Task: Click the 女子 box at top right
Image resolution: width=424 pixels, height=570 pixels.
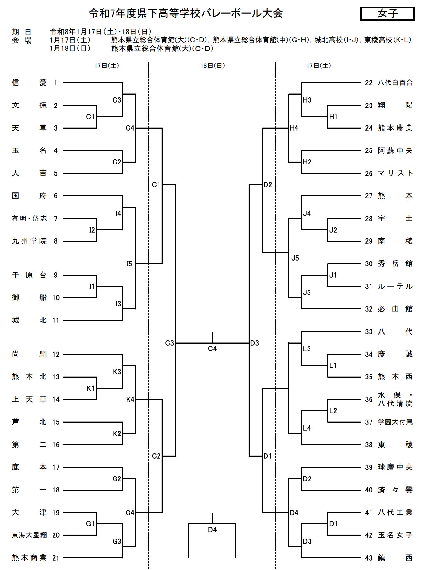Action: click(x=387, y=14)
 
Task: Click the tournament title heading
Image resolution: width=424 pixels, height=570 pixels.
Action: click(x=186, y=13)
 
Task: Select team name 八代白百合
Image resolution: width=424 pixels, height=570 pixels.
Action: click(x=395, y=83)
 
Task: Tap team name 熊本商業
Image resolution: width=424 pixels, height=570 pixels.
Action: click(x=29, y=558)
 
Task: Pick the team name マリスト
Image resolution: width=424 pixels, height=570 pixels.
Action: click(x=395, y=173)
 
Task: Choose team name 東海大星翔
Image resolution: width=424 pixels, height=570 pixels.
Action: click(x=29, y=535)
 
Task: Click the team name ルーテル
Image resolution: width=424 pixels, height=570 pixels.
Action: click(x=395, y=286)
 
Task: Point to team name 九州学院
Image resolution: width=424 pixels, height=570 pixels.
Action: click(x=29, y=241)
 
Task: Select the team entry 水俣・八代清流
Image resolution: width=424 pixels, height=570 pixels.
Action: click(x=395, y=400)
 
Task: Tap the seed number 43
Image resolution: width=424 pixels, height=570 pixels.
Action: click(x=369, y=558)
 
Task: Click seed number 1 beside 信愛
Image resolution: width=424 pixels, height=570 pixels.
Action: click(x=56, y=83)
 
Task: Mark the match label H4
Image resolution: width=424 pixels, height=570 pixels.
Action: click(x=294, y=128)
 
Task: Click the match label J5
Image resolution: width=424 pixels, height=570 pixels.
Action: click(x=295, y=258)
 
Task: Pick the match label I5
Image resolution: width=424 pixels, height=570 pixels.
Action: click(x=129, y=264)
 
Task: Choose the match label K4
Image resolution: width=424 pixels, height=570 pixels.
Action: click(x=130, y=399)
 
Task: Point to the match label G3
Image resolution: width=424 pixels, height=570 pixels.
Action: click(x=117, y=541)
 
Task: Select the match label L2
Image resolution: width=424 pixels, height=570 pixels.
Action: click(x=333, y=411)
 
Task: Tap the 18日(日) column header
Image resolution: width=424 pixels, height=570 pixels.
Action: click(x=212, y=66)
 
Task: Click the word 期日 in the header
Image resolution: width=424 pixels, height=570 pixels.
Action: click(x=22, y=32)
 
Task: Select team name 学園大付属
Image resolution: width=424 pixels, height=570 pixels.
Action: click(x=395, y=422)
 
